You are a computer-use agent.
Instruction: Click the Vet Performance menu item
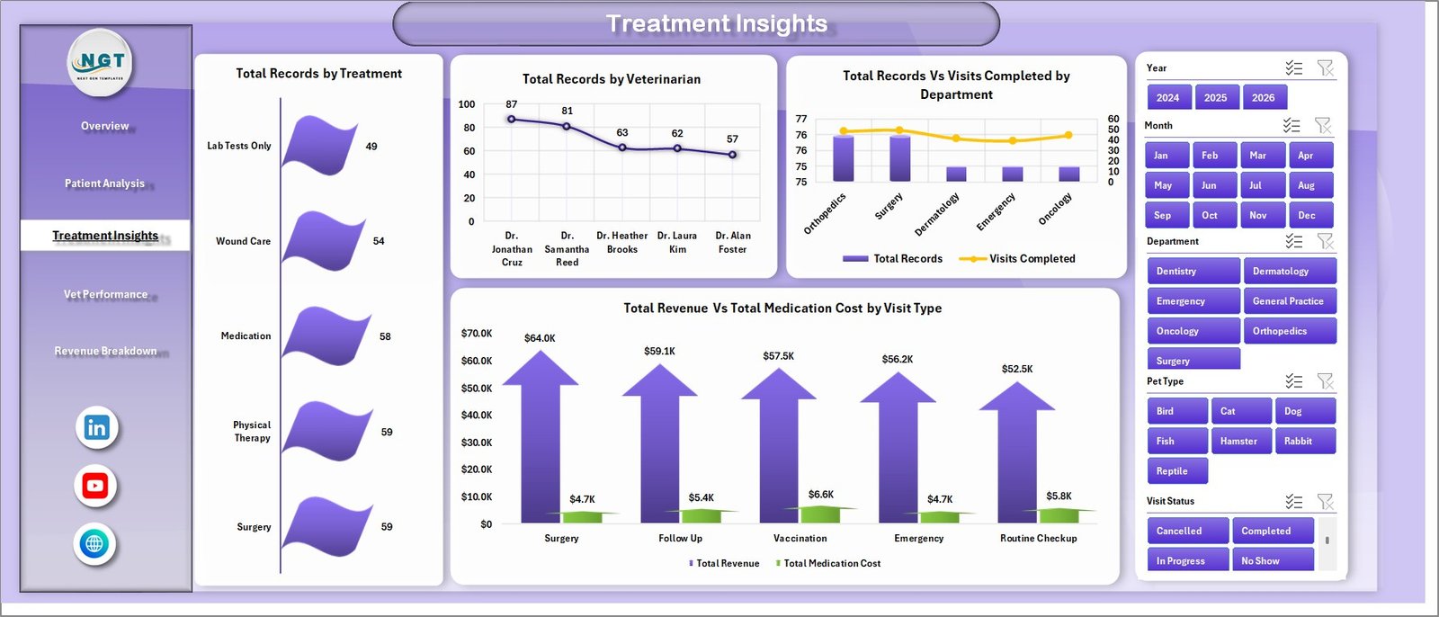[x=105, y=294]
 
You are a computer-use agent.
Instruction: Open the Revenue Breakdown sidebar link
[x=105, y=351]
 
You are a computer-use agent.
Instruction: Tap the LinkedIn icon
[x=96, y=428]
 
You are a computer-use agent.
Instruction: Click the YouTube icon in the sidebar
[x=95, y=486]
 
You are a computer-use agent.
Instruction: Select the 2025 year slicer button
[x=1215, y=98]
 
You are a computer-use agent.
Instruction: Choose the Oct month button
[x=1210, y=215]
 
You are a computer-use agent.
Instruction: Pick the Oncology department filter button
[x=1193, y=331]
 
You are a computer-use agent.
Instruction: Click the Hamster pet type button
[x=1239, y=441]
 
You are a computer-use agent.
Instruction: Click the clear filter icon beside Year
[x=1325, y=68]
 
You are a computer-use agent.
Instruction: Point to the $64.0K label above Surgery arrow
[x=540, y=338]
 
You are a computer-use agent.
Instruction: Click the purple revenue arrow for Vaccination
[x=778, y=450]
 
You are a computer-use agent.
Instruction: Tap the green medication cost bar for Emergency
[x=940, y=517]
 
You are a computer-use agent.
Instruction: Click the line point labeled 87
[x=512, y=119]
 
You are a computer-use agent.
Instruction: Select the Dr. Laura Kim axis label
[x=677, y=242]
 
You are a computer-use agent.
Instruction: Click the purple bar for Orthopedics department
[x=843, y=158]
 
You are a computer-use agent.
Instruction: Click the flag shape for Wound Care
[x=324, y=240]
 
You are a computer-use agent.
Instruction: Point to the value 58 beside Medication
[x=385, y=336]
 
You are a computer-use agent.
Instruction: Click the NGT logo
[x=102, y=62]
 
